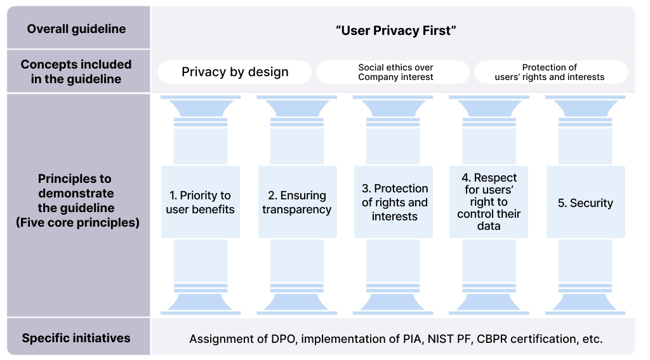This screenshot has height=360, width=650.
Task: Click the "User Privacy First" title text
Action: click(x=396, y=30)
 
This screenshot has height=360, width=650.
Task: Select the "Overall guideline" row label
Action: click(x=76, y=29)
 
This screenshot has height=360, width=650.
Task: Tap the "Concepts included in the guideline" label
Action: click(x=76, y=72)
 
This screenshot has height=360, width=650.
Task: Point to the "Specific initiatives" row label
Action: click(x=76, y=338)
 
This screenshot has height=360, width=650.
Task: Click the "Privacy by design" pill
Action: click(x=235, y=72)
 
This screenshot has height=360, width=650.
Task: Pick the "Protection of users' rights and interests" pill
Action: click(x=550, y=72)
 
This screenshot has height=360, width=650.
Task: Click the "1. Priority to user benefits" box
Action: click(x=201, y=202)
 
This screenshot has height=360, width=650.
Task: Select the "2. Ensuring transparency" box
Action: click(x=297, y=202)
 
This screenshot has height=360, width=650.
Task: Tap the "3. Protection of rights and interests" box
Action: click(x=394, y=202)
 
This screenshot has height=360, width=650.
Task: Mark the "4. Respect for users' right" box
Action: click(x=488, y=202)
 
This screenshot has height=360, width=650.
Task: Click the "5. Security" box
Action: click(x=585, y=203)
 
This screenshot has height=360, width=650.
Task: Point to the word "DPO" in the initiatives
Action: click(x=282, y=338)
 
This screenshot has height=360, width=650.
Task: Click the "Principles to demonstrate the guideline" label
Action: click(x=76, y=201)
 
